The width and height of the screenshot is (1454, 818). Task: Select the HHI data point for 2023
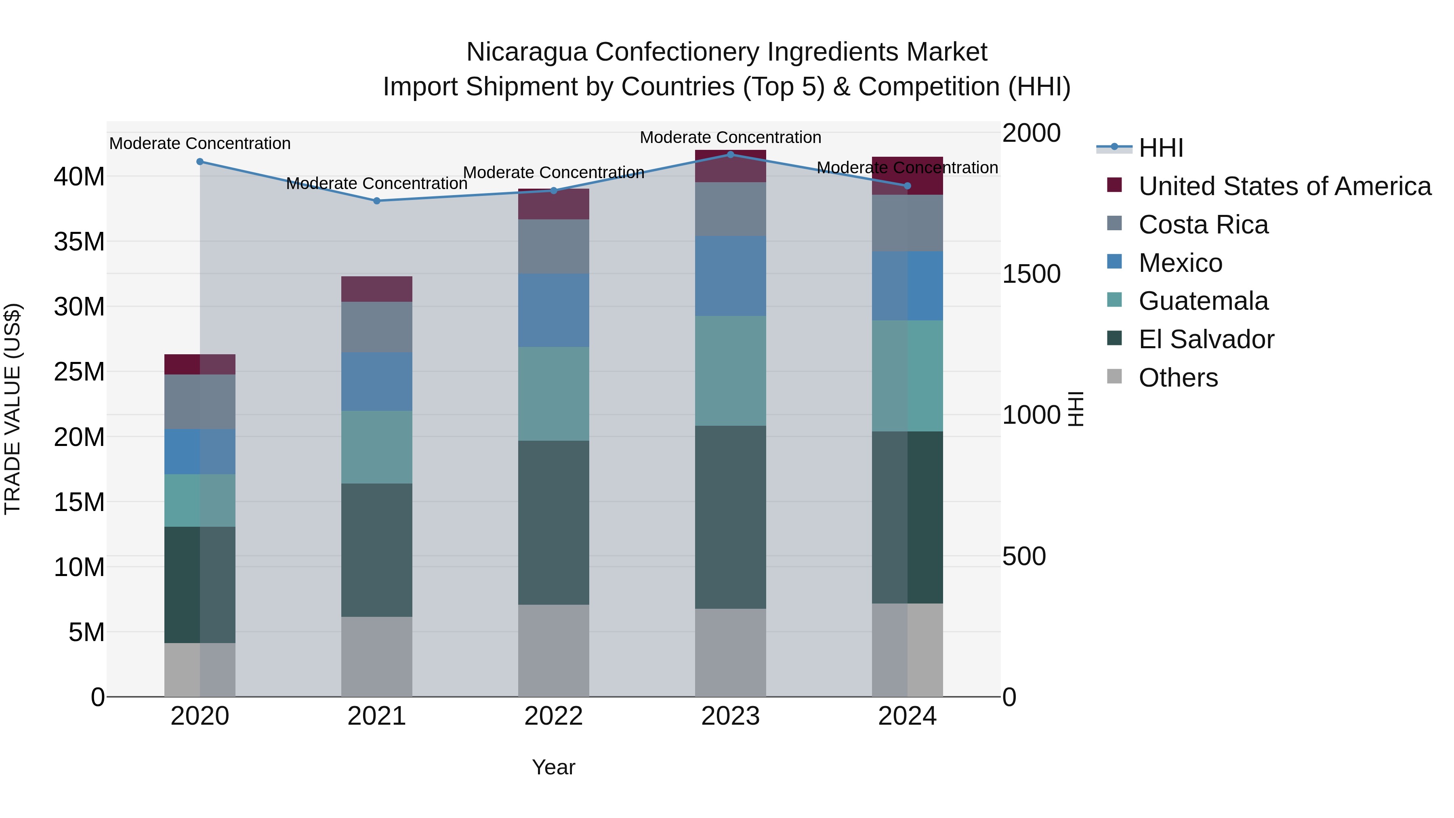(x=730, y=154)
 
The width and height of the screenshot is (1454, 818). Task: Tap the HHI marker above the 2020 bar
(x=200, y=162)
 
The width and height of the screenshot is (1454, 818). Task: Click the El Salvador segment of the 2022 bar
(x=553, y=522)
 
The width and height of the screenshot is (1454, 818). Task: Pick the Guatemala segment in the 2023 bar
(x=730, y=370)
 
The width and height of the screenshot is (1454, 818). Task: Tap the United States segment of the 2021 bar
(x=376, y=289)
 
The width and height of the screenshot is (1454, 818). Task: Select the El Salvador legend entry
(x=1206, y=339)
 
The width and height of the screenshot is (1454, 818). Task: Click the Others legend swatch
(x=1114, y=376)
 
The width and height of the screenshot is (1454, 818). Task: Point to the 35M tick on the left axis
(x=79, y=242)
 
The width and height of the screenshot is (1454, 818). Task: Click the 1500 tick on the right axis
(x=1031, y=274)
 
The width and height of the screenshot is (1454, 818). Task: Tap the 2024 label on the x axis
(x=907, y=716)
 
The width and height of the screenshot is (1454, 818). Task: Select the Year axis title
(x=553, y=767)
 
